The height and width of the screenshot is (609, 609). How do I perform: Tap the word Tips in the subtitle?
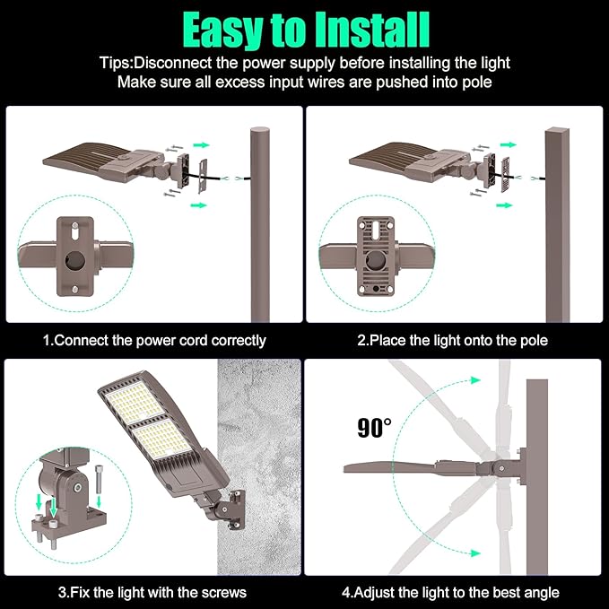116,63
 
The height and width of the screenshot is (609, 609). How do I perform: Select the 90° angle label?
374,428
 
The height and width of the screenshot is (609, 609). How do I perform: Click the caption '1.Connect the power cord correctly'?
154,341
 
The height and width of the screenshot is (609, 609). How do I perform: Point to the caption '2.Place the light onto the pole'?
452,341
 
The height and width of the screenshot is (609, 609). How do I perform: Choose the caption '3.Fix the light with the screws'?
152,592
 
